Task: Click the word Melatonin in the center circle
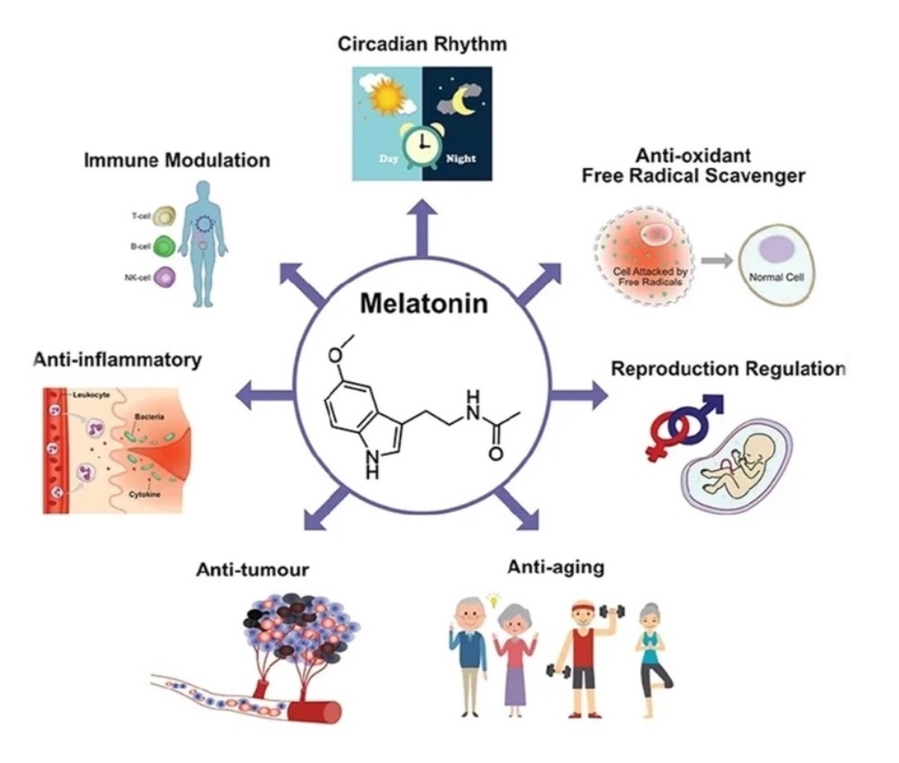(423, 304)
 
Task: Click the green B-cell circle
(164, 246)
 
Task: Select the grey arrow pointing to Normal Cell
(715, 261)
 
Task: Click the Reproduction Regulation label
(729, 369)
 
